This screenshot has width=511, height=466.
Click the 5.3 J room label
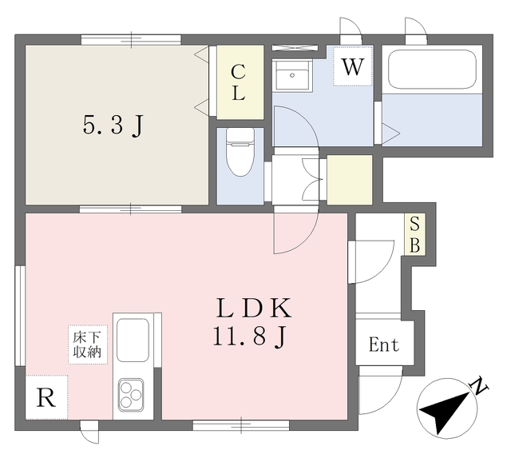coord(113,125)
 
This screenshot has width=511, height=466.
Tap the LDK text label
coord(254,309)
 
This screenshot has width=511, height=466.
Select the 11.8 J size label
coord(250,337)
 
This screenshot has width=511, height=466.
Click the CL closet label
coord(238,83)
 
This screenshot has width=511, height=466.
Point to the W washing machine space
coord(353,66)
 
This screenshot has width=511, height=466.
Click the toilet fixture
coord(240,151)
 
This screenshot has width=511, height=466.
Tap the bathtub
coord(432,70)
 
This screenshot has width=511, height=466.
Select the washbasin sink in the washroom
coord(292,75)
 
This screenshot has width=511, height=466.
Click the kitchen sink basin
coord(133,340)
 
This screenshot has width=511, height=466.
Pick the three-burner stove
coord(131,395)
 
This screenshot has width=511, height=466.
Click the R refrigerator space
coord(46,397)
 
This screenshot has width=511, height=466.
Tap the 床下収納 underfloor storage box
coord(88,345)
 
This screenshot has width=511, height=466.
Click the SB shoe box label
coord(414,234)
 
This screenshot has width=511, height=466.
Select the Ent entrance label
coord(384,345)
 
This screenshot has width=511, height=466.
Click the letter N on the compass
coord(480,386)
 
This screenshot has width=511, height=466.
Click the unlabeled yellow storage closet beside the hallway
coord(350,180)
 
